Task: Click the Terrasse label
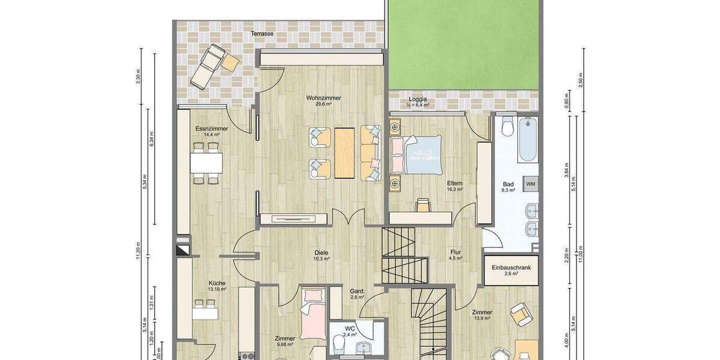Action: pyautogui.click(x=263, y=34)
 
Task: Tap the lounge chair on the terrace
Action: pyautogui.click(x=206, y=65)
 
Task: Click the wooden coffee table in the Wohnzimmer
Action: pyautogui.click(x=344, y=153)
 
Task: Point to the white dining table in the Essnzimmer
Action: pyautogui.click(x=206, y=162)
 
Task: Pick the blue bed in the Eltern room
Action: pyautogui.click(x=416, y=154)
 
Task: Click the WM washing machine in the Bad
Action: pyautogui.click(x=530, y=183)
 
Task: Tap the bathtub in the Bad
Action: pyautogui.click(x=528, y=139)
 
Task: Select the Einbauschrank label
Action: pyautogui.click(x=511, y=268)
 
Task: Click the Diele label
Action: pyautogui.click(x=322, y=253)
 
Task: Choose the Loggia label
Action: pyautogui.click(x=418, y=99)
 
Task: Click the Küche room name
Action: pyautogui.click(x=217, y=283)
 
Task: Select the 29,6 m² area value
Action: pyautogui.click(x=323, y=104)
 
